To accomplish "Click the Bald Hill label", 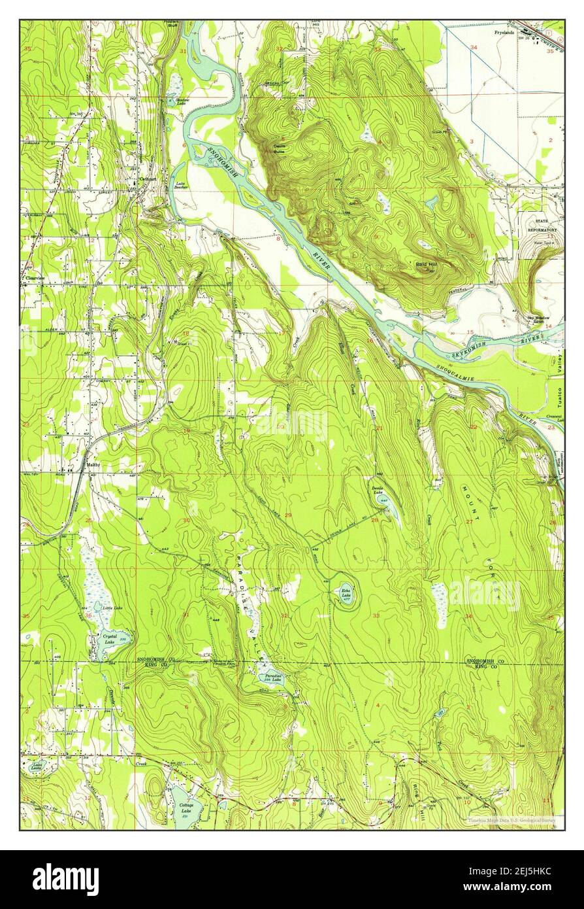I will [x=426, y=264].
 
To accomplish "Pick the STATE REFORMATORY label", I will [x=542, y=226].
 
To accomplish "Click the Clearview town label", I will [x=34, y=277].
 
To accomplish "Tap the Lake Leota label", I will [x=34, y=767].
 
